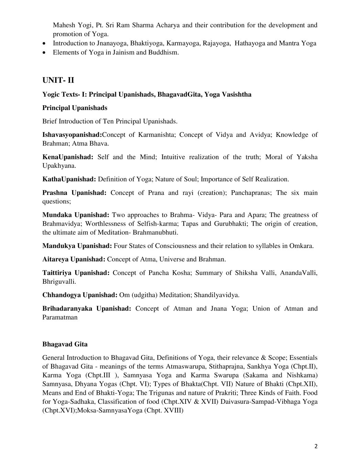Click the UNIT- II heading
(x=58, y=80)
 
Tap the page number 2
(x=316, y=446)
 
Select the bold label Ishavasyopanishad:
(x=72, y=135)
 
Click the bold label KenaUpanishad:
(x=68, y=157)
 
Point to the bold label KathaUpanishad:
(x=69, y=179)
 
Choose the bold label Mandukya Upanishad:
(x=77, y=246)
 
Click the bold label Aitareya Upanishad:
(x=74, y=259)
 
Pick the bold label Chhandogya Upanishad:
(x=80, y=295)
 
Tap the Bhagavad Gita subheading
(x=65, y=344)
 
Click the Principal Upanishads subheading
(x=75, y=108)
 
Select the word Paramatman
(x=60, y=317)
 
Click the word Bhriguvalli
(x=59, y=282)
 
